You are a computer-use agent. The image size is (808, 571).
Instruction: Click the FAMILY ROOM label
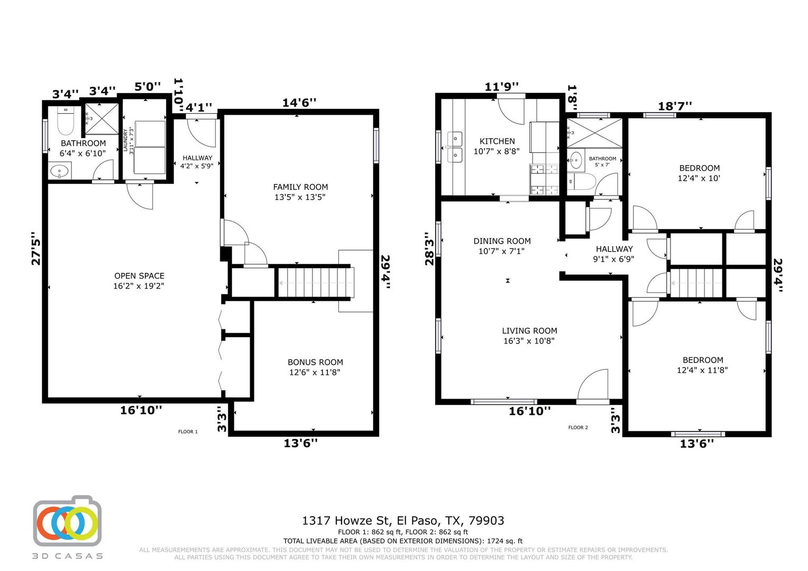(300, 187)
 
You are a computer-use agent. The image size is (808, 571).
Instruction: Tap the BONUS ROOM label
(315, 363)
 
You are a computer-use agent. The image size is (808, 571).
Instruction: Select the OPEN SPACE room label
(139, 276)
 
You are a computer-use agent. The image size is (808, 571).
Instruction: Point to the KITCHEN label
(497, 141)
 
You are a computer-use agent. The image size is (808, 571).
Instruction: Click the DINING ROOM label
(502, 241)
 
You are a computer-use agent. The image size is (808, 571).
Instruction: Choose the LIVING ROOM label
(529, 331)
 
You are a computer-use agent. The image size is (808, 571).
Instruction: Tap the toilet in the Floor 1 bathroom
(66, 121)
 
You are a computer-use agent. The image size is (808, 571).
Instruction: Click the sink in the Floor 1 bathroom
(60, 171)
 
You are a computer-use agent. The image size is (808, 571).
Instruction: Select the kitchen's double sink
(455, 147)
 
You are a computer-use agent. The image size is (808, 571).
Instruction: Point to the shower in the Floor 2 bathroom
(594, 133)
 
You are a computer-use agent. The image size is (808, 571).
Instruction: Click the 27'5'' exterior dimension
(36, 248)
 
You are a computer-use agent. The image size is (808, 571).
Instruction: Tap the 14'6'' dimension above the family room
(299, 103)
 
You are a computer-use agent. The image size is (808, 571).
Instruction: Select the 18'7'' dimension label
(675, 106)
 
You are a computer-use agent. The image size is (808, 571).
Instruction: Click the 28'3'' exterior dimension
(429, 248)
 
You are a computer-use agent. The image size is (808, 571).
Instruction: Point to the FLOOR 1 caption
(188, 432)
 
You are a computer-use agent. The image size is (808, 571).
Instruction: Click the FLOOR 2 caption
(578, 427)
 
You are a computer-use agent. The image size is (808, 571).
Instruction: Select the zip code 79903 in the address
(486, 520)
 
